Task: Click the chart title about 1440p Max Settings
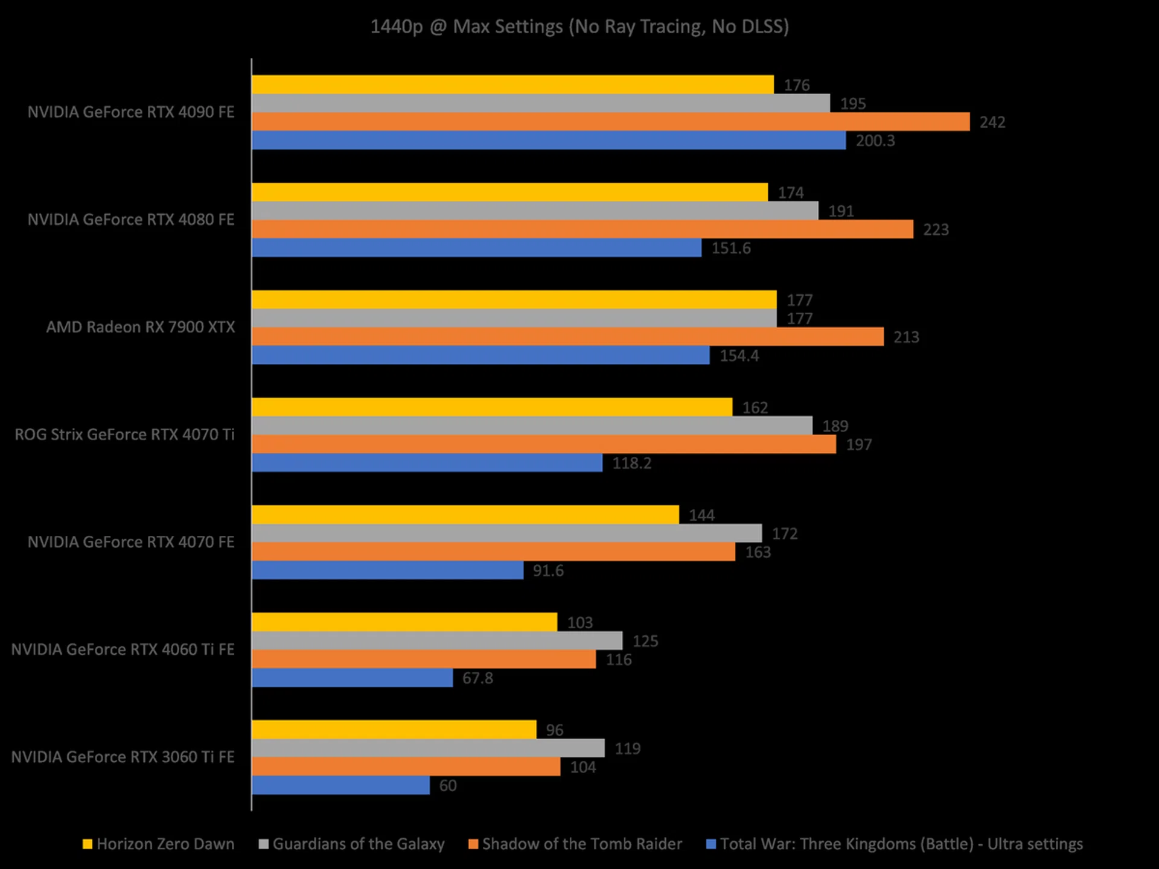(579, 27)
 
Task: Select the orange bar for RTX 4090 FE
(610, 122)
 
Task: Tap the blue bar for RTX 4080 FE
(476, 248)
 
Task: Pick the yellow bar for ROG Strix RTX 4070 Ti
(492, 407)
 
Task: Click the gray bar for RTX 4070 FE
(506, 533)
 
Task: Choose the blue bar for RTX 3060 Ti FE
(340, 785)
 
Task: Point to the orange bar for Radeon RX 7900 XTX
(567, 337)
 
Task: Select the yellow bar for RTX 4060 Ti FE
(404, 622)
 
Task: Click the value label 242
(992, 123)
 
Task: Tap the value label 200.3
(875, 141)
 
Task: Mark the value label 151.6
(731, 249)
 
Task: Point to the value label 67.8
(477, 678)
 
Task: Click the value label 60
(448, 786)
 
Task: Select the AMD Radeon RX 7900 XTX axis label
(141, 327)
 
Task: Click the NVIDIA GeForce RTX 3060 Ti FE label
(123, 757)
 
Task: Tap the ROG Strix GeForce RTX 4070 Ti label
(124, 434)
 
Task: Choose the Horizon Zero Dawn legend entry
(159, 844)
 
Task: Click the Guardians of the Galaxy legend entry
(352, 844)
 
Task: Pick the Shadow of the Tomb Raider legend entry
(575, 844)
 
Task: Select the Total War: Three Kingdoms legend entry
(895, 844)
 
